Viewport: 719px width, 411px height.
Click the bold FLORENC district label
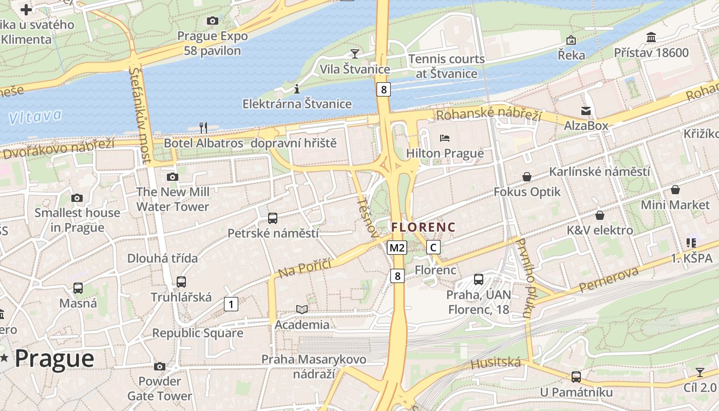pyautogui.click(x=423, y=227)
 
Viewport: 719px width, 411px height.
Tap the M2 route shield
pyautogui.click(x=397, y=248)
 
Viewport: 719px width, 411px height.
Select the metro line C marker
pyautogui.click(x=433, y=248)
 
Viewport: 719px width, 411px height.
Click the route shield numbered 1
pyautogui.click(x=231, y=304)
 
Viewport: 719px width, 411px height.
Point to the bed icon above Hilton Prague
pyautogui.click(x=445, y=138)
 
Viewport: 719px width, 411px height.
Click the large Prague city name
pyautogui.click(x=54, y=358)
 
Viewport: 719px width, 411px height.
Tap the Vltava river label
pyautogui.click(x=35, y=117)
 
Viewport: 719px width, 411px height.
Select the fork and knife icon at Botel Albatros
pyautogui.click(x=203, y=127)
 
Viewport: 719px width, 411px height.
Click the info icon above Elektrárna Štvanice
pyautogui.click(x=297, y=89)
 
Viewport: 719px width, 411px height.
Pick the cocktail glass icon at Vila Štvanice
pyautogui.click(x=354, y=53)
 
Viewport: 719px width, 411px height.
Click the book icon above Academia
pyautogui.click(x=302, y=309)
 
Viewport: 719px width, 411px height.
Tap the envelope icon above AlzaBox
pyautogui.click(x=585, y=110)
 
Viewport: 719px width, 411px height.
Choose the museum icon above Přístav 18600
pyautogui.click(x=651, y=38)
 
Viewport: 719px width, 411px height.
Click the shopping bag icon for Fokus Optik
pyautogui.click(x=527, y=177)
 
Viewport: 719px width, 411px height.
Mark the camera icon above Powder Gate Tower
pyautogui.click(x=160, y=366)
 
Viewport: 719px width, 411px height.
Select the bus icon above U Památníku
pyautogui.click(x=576, y=377)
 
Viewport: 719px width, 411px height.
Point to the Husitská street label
pyautogui.click(x=496, y=363)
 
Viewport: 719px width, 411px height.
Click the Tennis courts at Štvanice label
pyautogui.click(x=446, y=66)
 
